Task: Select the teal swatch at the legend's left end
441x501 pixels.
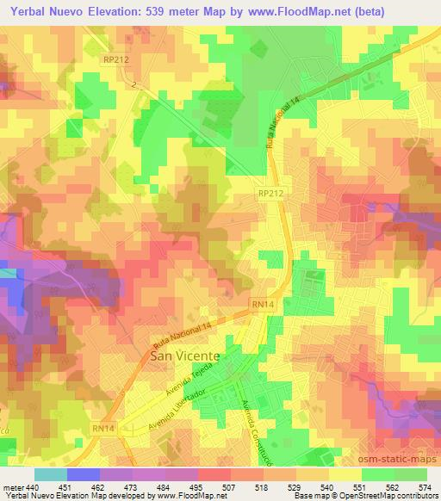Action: [50, 474]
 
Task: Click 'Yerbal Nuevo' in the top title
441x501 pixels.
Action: [43, 9]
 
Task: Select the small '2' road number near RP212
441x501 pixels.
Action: [134, 83]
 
